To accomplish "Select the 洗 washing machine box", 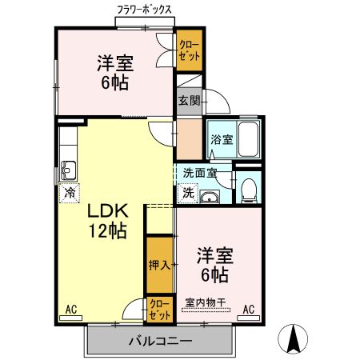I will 186,192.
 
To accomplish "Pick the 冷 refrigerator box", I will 70,192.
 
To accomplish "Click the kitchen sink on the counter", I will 67,169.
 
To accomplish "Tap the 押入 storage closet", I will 158,264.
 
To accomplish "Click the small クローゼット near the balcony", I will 159,310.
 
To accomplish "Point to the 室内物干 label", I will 206,302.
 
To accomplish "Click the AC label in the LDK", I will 70,309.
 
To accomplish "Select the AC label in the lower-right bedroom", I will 248,309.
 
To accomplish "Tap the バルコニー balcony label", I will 159,342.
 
